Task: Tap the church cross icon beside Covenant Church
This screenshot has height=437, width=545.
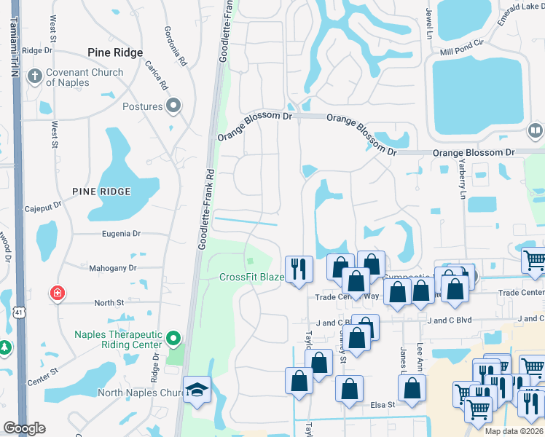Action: pyautogui.click(x=34, y=75)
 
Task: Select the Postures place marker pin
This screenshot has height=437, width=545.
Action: pyautogui.click(x=173, y=107)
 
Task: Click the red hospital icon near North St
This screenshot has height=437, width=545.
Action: pyautogui.click(x=56, y=294)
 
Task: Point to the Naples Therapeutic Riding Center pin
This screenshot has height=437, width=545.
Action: pyautogui.click(x=173, y=339)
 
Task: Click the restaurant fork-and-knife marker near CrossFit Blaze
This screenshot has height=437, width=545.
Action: pyautogui.click(x=299, y=268)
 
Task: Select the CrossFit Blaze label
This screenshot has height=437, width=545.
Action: pyautogui.click(x=251, y=277)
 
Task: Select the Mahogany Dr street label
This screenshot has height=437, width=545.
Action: pyautogui.click(x=113, y=268)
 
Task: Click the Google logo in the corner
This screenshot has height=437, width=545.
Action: pyautogui.click(x=24, y=428)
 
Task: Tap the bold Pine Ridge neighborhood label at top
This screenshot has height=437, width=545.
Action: pyautogui.click(x=114, y=52)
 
